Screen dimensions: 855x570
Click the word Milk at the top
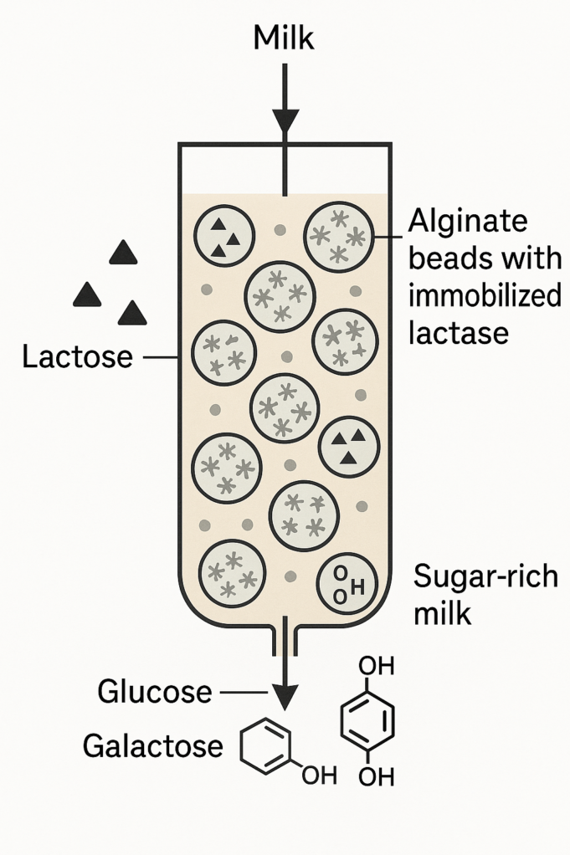point(285,37)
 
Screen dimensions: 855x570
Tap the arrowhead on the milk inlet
point(285,122)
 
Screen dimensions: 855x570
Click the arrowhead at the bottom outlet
point(285,694)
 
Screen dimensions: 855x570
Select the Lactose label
point(77,357)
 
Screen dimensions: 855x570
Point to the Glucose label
point(155,692)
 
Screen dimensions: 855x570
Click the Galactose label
point(153,746)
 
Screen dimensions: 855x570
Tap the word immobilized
point(485,295)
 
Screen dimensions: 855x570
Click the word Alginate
point(468,223)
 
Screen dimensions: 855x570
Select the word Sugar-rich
point(486,577)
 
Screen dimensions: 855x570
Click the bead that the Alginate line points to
point(339,234)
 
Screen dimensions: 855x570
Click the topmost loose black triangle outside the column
point(124,252)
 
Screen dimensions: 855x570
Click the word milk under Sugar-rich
point(443,613)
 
